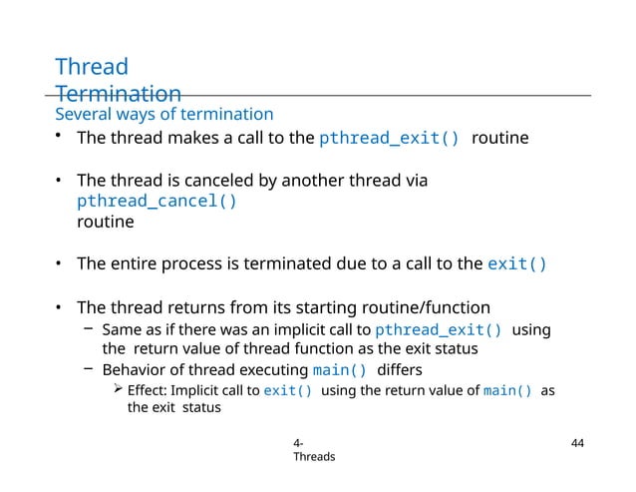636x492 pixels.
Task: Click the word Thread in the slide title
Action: pyautogui.click(x=92, y=68)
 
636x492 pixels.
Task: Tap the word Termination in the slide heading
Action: pyautogui.click(x=119, y=94)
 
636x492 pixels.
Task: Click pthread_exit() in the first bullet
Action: pyautogui.click(x=389, y=139)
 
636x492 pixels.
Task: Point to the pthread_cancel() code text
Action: pyautogui.click(x=158, y=201)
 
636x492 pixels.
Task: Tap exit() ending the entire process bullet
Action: pyautogui.click(x=516, y=264)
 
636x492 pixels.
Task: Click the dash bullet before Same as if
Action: pyautogui.click(x=89, y=328)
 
